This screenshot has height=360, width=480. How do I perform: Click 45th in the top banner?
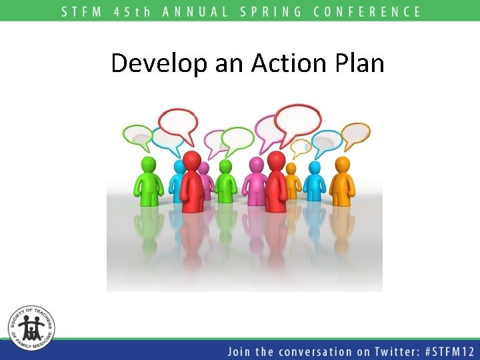132,11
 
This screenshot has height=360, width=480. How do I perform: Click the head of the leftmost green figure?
148,165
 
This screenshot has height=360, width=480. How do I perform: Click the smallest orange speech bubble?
301,147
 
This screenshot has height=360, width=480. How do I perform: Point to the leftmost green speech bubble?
138,136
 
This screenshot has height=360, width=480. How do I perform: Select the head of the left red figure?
192,160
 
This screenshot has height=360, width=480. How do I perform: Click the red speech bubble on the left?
178,123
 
